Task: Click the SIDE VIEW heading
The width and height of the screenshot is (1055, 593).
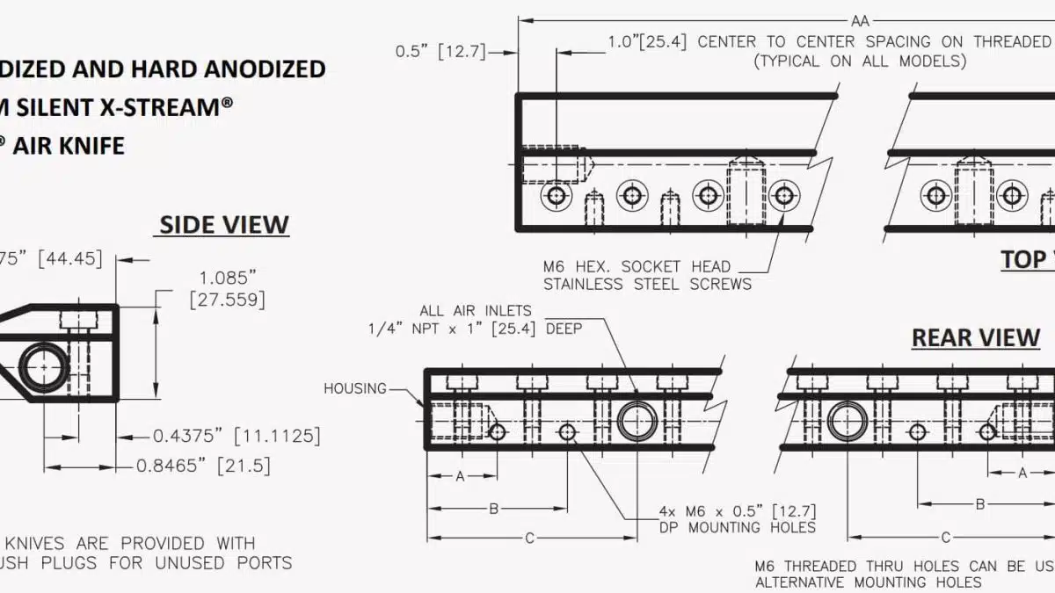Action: [223, 225]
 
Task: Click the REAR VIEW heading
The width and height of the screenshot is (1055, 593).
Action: [976, 337]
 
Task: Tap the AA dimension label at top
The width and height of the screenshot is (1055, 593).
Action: [861, 19]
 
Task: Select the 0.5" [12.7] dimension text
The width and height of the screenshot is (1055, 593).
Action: [440, 51]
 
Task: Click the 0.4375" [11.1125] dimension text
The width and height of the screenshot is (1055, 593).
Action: [236, 436]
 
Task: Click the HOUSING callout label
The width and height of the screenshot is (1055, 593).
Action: [355, 388]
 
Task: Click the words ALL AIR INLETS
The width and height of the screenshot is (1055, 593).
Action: [476, 310]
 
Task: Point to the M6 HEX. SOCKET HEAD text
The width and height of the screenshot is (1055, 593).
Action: [637, 266]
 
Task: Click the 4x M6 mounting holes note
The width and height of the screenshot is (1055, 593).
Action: [738, 518]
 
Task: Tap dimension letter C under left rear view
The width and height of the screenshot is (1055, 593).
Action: [530, 538]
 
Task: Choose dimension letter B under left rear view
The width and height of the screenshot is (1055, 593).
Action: [494, 508]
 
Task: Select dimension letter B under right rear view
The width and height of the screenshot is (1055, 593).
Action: [980, 504]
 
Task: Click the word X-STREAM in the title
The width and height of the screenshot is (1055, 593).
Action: [167, 107]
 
